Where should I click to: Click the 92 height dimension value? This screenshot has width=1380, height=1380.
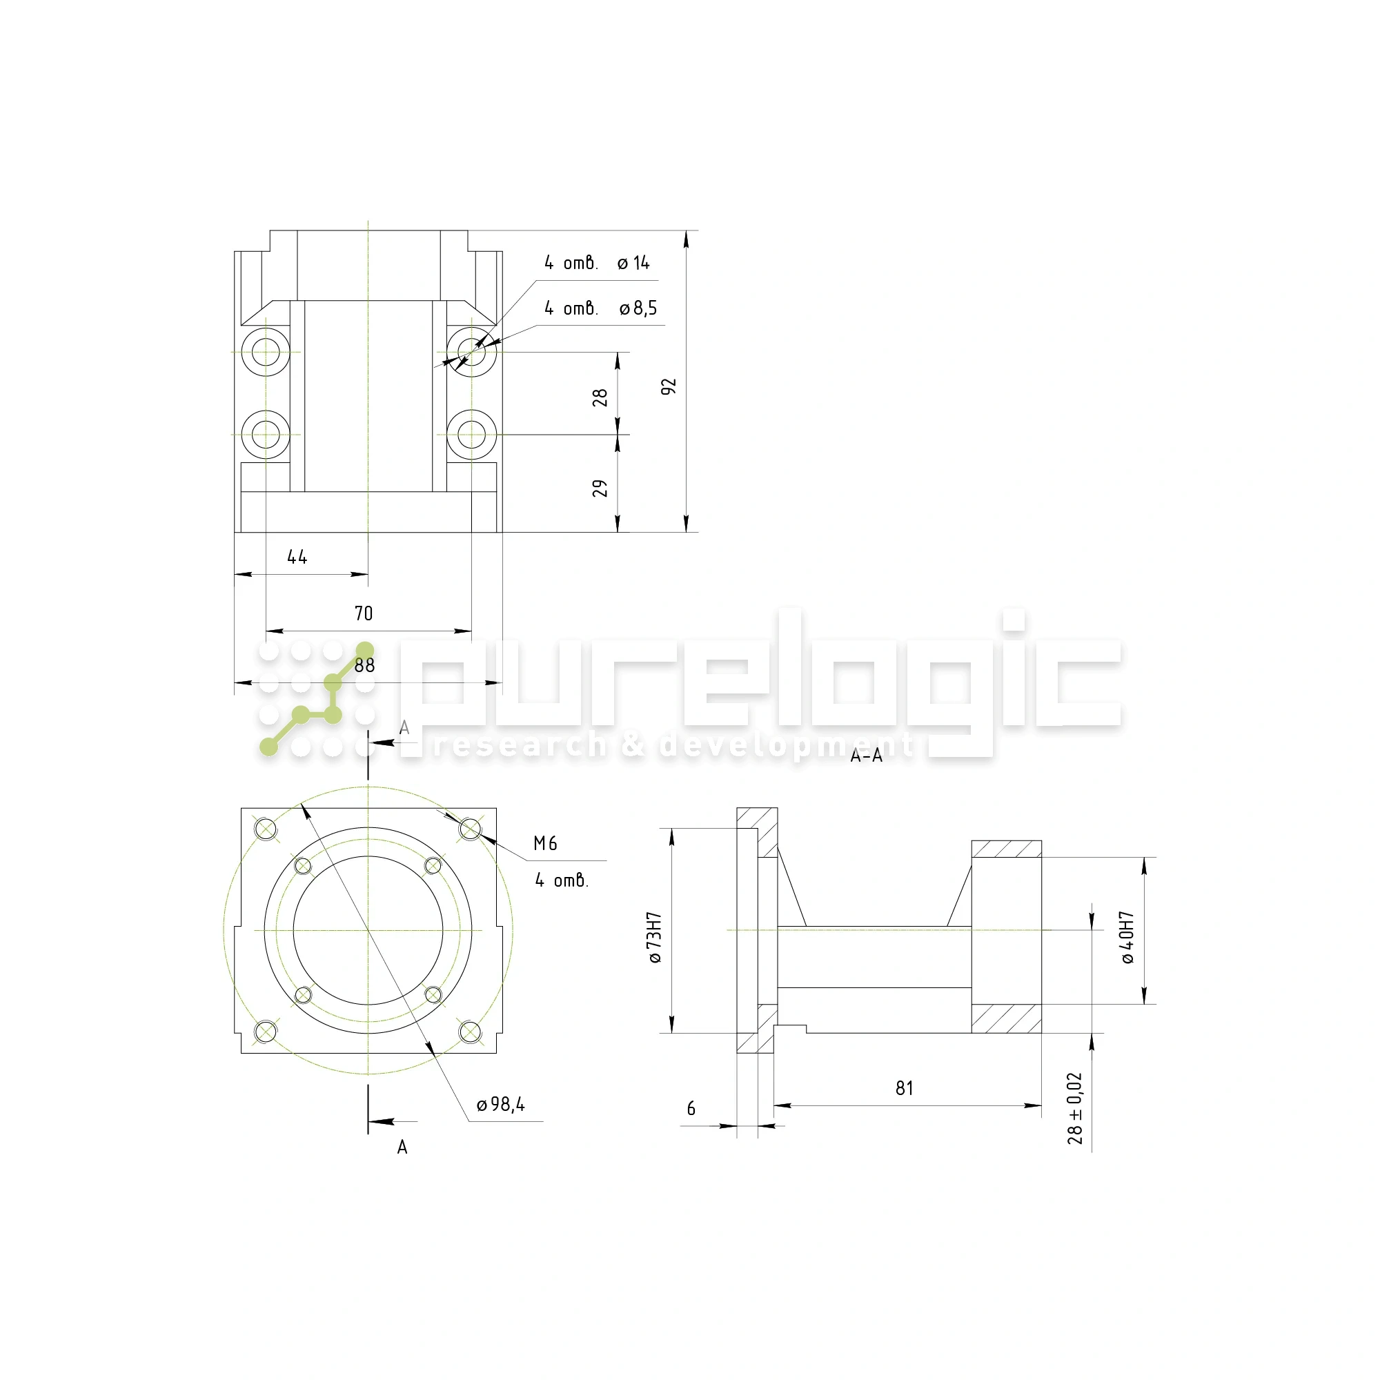click(669, 387)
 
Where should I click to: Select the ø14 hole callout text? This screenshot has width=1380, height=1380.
click(633, 264)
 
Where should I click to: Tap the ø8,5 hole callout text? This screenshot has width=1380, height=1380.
click(638, 308)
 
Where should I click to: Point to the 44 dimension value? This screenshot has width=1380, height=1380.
click(297, 557)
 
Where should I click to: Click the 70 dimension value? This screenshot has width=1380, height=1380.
click(364, 613)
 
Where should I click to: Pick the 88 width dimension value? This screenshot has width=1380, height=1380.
click(364, 666)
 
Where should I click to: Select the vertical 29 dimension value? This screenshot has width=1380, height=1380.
click(600, 489)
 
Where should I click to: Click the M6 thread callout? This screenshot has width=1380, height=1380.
click(545, 845)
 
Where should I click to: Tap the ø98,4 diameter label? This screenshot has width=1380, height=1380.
click(501, 1105)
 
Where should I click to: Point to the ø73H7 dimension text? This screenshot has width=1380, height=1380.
click(655, 938)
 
